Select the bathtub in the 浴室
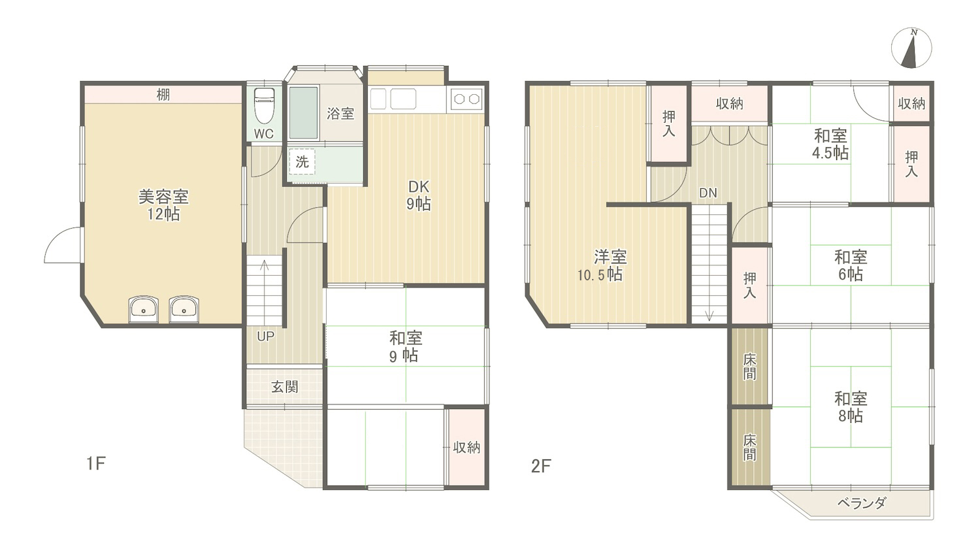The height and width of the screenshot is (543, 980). (x=303, y=113)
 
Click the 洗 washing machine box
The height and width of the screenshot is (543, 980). (x=302, y=162)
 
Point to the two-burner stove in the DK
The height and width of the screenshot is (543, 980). (x=466, y=99)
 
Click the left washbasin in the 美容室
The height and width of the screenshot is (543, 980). (x=143, y=309)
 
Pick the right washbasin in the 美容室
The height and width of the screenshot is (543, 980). (x=184, y=309)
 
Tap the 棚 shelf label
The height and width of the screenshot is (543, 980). (x=163, y=95)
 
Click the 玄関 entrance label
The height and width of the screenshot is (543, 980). (x=285, y=387)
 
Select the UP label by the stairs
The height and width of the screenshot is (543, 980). (x=265, y=337)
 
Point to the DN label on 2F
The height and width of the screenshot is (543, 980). (x=708, y=193)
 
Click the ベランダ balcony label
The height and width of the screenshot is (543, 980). (x=862, y=503)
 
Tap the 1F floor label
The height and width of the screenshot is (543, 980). (x=96, y=463)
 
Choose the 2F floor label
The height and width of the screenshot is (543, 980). (x=541, y=467)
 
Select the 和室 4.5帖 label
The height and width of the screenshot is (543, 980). (x=830, y=144)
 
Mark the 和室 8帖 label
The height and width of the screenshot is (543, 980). (x=851, y=407)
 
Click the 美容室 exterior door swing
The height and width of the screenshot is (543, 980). (x=63, y=245)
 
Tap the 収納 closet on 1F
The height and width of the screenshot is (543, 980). (x=466, y=447)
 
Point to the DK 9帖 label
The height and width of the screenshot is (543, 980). (x=419, y=195)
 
